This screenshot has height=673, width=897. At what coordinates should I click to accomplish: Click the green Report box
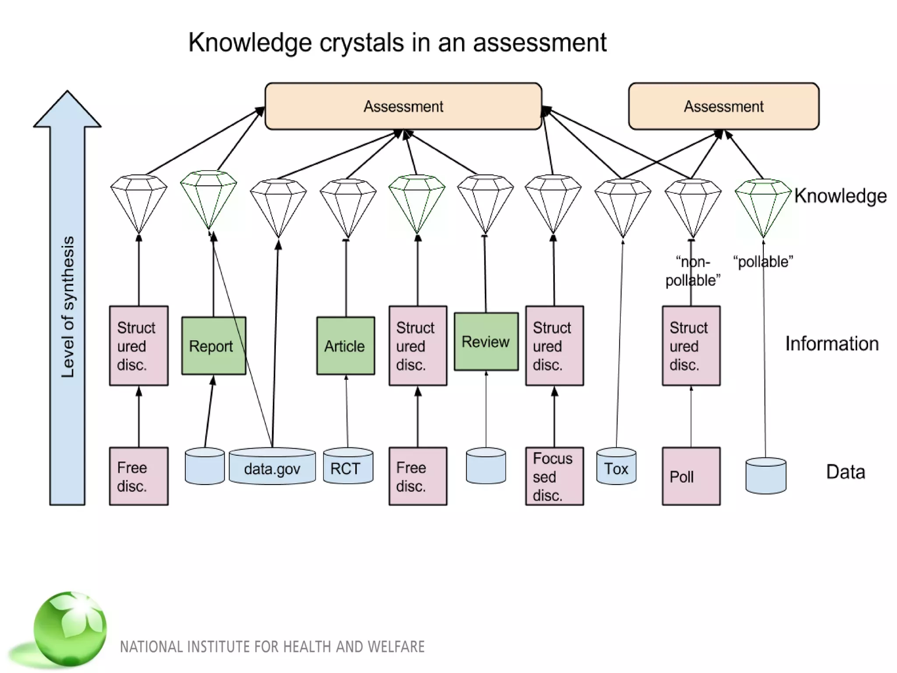pos(213,346)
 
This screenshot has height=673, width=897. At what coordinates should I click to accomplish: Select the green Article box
pos(346,346)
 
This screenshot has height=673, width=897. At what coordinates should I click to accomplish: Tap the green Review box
pos(486,341)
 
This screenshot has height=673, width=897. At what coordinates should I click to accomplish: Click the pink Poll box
pos(691,476)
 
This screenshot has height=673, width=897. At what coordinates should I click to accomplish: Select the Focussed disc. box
pos(554,476)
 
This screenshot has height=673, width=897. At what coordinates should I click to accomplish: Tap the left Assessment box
pos(403,106)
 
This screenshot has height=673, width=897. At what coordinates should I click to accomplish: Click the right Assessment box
pos(724,106)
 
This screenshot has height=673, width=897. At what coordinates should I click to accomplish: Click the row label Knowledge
pos(840,196)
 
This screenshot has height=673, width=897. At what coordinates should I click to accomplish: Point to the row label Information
pos(831,344)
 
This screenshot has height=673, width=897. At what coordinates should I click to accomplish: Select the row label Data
pos(845,472)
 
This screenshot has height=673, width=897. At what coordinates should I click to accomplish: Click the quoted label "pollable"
pos(763,262)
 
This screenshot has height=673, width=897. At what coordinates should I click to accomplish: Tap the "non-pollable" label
pos(692,271)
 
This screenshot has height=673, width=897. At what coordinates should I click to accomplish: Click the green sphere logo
pos(70,628)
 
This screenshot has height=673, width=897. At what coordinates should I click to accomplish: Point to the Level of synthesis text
pos(68,307)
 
